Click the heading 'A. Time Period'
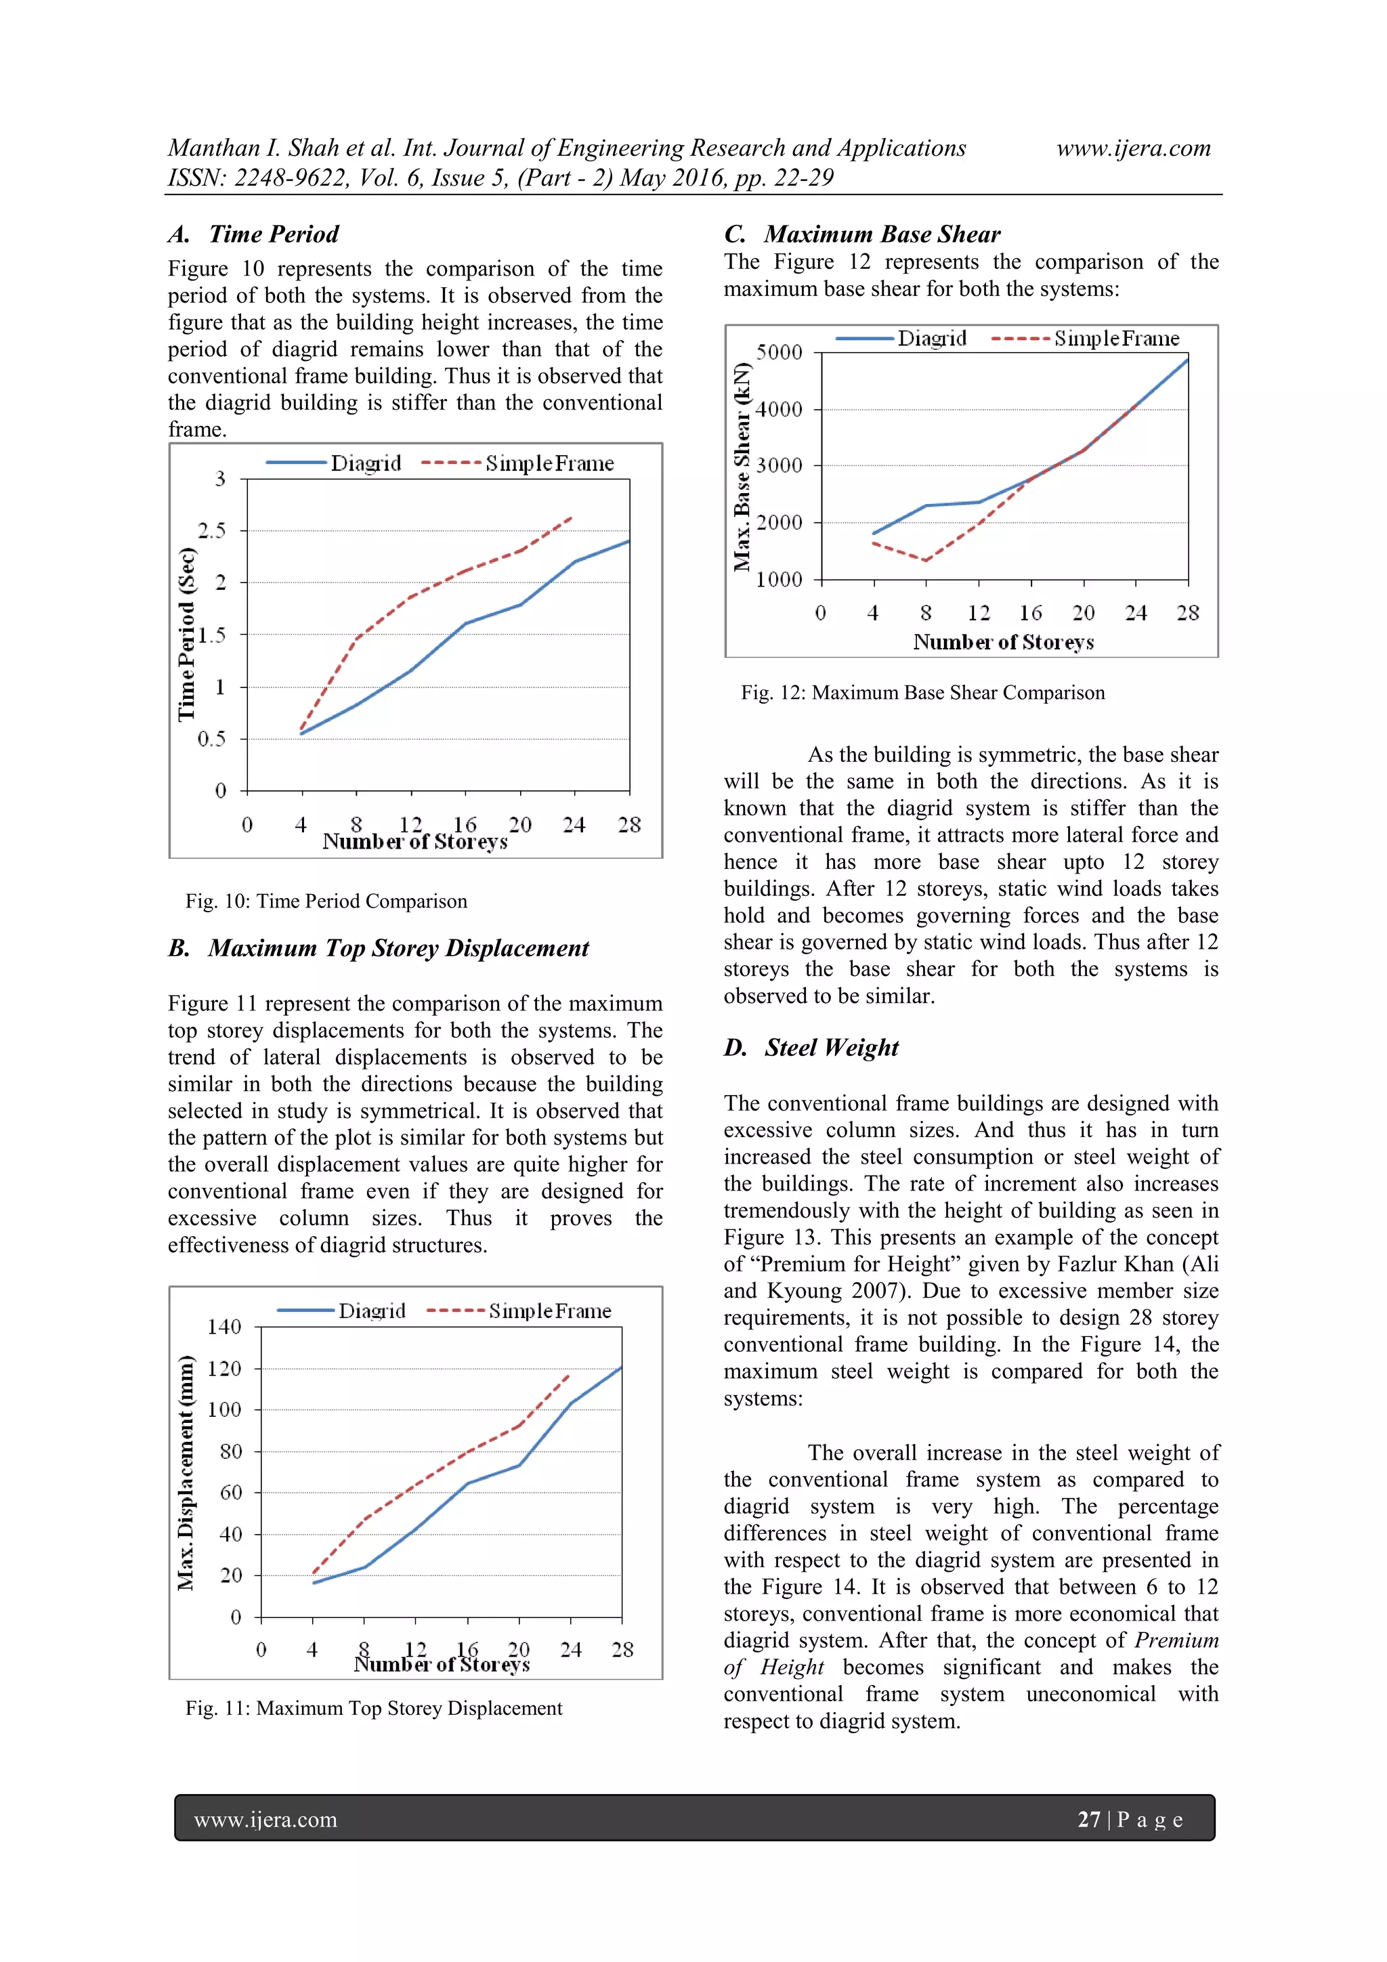254,234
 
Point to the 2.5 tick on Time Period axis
212,531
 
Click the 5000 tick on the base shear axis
779,352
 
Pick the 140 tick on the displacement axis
224,1327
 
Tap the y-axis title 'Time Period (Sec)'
186,634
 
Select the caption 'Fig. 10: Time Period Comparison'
326,901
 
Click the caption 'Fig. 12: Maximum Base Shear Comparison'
922,692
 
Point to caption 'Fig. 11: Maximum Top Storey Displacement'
373,1707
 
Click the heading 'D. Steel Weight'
811,1047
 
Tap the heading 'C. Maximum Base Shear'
862,234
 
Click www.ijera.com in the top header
1133,148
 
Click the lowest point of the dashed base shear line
926,561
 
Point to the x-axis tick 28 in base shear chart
1188,613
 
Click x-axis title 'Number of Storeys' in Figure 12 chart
1003,642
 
